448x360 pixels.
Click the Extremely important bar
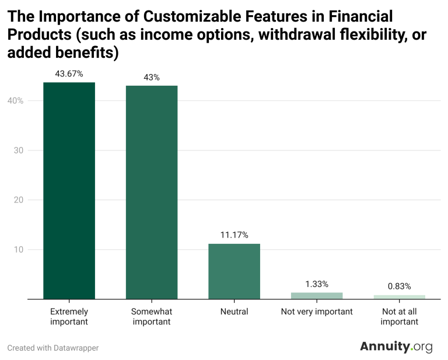[x=69, y=191]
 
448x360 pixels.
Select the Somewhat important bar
[x=152, y=193]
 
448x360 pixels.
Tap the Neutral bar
[x=235, y=271]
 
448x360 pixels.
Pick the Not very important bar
[x=317, y=296]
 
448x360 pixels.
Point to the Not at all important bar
[x=400, y=297]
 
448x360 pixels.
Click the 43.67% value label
[x=69, y=74]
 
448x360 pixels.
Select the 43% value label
[x=152, y=78]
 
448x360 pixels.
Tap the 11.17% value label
[x=235, y=235]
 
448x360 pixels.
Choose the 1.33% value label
[x=317, y=284]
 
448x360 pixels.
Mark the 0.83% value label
[x=400, y=286]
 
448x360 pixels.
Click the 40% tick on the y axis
[x=15, y=100]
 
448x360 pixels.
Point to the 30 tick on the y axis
[x=19, y=151]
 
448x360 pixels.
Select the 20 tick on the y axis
[x=19, y=200]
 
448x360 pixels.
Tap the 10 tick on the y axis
[x=19, y=249]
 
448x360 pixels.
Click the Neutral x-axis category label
[x=235, y=312]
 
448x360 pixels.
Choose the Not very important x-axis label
[x=317, y=312]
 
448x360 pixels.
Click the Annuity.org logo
[x=396, y=347]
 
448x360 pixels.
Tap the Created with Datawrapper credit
[x=53, y=348]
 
